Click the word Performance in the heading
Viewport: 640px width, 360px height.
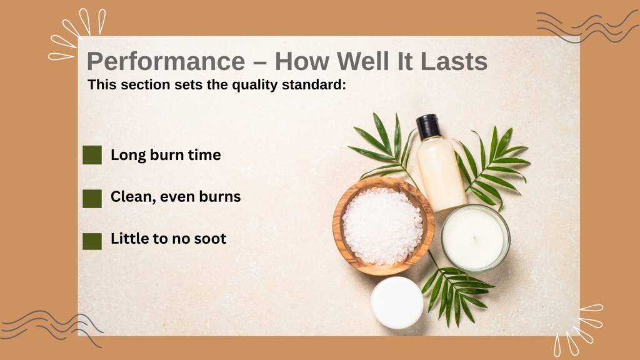point(166,62)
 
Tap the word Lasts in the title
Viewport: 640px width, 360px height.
point(454,61)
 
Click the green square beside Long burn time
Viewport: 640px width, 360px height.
point(92,155)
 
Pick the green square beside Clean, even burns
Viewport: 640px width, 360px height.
point(92,199)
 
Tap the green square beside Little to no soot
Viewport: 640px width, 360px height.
point(92,241)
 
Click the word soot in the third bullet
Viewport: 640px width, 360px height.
point(210,239)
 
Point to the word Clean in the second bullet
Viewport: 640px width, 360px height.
point(133,197)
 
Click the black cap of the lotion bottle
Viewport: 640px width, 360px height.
point(428,126)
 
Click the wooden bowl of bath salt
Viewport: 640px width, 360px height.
point(383,226)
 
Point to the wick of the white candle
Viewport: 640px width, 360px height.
point(474,238)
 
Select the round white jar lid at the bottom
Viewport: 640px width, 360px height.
point(397,302)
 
